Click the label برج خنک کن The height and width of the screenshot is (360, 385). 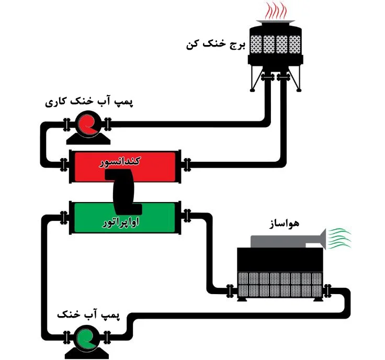tap(216, 45)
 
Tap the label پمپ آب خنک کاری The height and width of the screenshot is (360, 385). tap(89, 101)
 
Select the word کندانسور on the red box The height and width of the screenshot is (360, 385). tap(120, 162)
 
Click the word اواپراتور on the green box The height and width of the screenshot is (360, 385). tap(120, 222)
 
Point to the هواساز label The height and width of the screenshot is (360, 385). tap(284, 224)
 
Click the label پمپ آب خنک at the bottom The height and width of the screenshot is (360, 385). tap(88, 314)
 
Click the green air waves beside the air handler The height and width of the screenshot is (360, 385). tap(339, 238)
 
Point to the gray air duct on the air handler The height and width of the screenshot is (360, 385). tap(289, 241)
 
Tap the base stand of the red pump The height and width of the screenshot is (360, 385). tap(88, 139)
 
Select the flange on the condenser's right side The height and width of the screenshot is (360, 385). tap(187, 165)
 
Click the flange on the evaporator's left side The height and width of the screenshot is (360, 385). tap(64, 218)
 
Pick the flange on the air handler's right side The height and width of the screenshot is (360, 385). tap(327, 291)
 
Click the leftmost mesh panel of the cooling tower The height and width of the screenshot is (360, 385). tap(256, 44)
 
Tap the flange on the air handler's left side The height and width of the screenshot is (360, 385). tap(230, 291)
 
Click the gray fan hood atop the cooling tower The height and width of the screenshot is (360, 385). tap(276, 21)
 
